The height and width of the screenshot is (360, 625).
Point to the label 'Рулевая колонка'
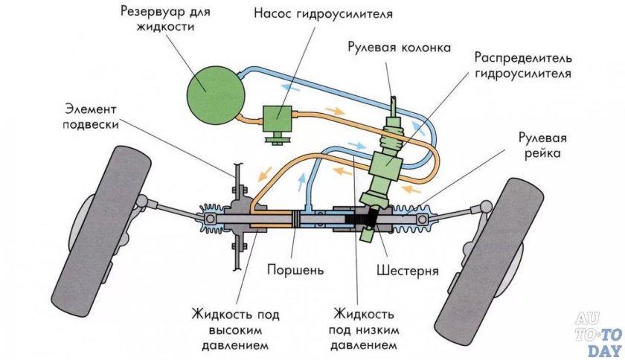(399, 48)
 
